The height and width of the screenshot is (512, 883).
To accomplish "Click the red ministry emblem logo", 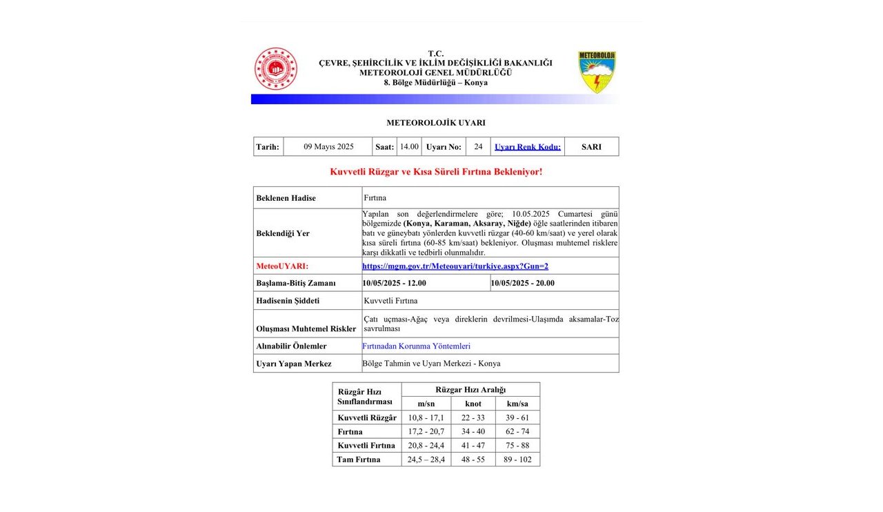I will point(275,69).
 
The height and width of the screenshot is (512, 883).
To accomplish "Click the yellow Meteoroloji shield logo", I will point(597,72).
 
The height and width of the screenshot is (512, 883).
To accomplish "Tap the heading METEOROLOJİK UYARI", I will point(435,123).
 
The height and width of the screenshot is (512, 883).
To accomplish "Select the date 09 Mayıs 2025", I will point(328,146).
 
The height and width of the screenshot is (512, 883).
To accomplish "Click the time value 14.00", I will point(409,146).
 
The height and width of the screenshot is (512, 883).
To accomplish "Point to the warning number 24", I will point(478,146).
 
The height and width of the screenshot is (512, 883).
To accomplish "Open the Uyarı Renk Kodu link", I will point(528,146).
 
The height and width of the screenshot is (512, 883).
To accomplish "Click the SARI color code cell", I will point(591,146).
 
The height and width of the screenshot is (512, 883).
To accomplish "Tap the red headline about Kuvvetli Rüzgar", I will point(436,171).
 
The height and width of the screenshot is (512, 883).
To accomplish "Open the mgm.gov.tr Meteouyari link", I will point(455,266).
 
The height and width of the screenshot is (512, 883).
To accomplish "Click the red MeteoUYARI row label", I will point(282,266).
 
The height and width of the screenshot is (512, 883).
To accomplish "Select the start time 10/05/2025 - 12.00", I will point(395,283).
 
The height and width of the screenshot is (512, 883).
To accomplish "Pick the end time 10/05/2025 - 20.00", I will point(522,283).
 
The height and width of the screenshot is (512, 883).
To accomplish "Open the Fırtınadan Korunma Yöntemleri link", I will point(417,346).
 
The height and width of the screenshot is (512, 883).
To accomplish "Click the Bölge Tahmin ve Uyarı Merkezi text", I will point(431,363).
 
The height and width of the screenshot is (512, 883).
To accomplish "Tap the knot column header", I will point(473,404).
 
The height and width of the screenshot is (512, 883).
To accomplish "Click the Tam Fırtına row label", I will point(358,459).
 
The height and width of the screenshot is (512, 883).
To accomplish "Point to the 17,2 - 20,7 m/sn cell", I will point(426,431).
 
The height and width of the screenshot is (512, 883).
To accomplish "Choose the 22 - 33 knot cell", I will point(473,417).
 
